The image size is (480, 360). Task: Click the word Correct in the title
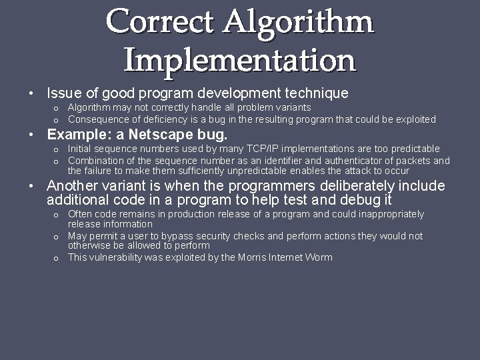pyautogui.click(x=159, y=22)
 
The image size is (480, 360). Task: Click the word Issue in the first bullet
pyautogui.click(x=64, y=93)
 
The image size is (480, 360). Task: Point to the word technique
pyautogui.click(x=315, y=93)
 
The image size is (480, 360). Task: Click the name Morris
pyautogui.click(x=252, y=257)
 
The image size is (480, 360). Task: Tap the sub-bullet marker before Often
pyautogui.click(x=56, y=215)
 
